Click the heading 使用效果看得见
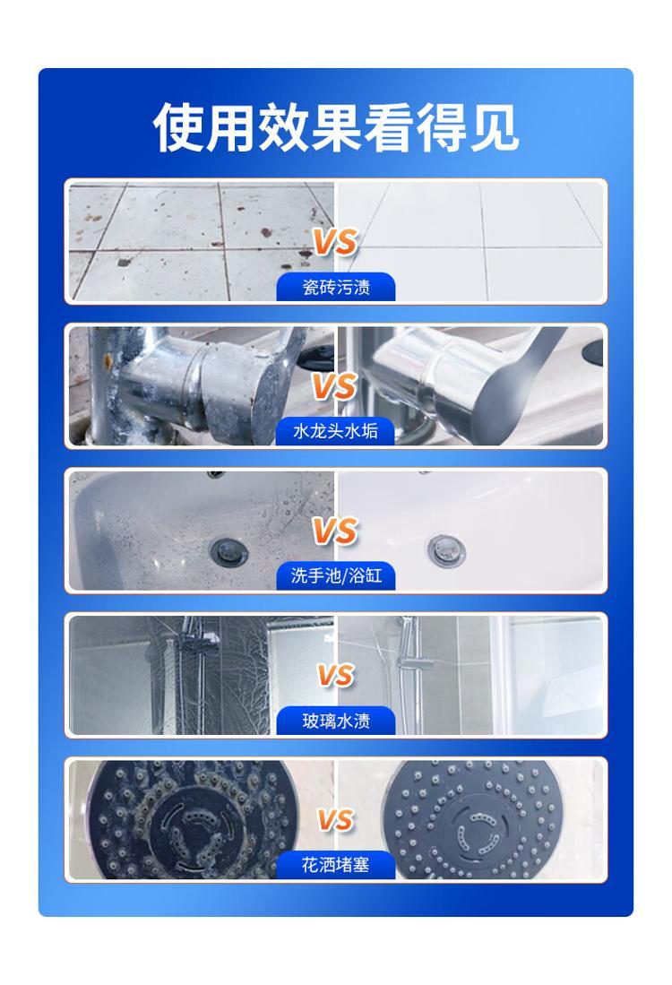(336, 127)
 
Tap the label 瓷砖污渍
(336, 287)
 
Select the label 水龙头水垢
(335, 431)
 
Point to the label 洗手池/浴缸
(336, 575)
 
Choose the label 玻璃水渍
(336, 720)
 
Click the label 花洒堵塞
(335, 864)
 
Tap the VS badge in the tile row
(335, 242)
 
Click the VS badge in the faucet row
(335, 385)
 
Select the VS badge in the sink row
(335, 531)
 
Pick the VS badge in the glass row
(335, 675)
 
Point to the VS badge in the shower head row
(335, 820)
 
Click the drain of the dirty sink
(228, 551)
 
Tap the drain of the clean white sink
(446, 549)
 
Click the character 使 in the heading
(178, 127)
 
